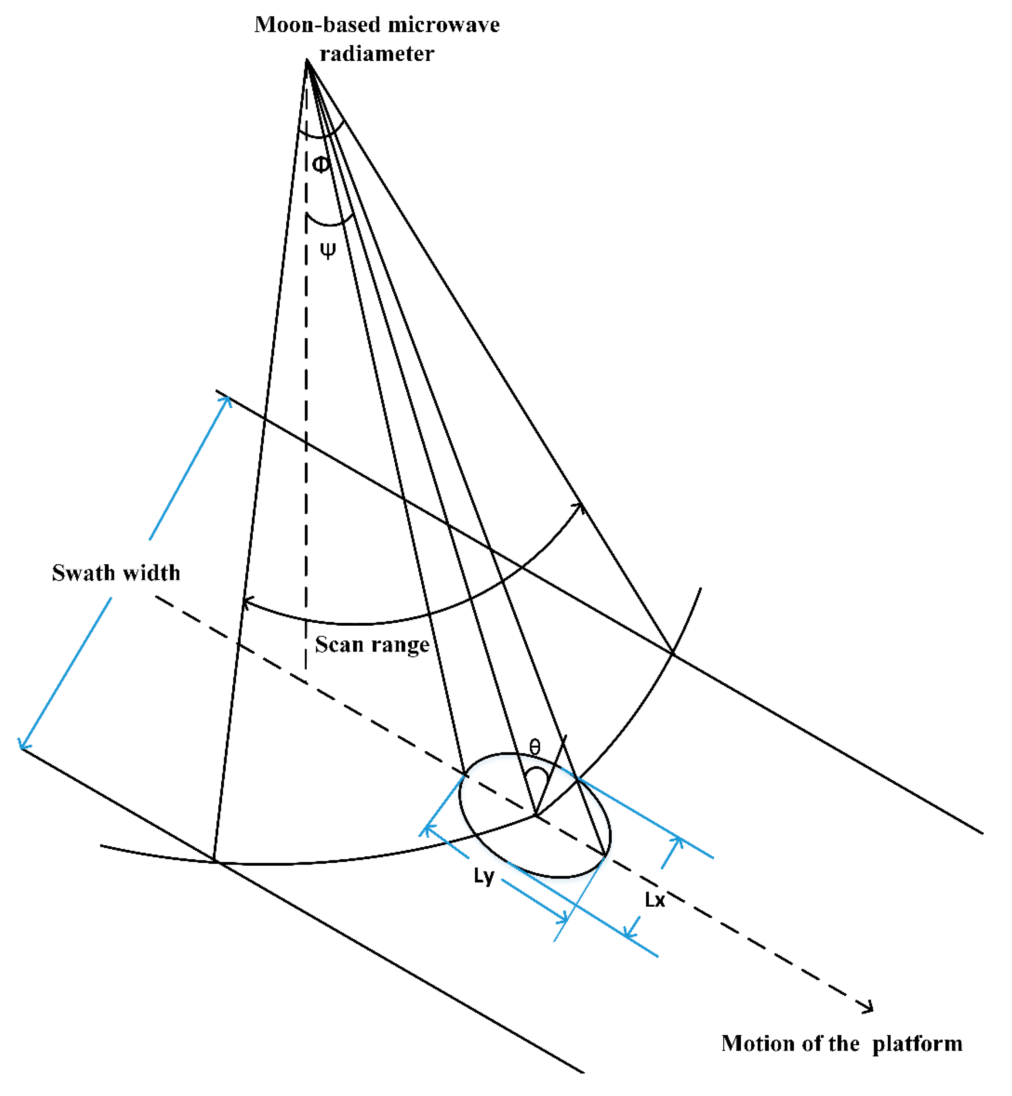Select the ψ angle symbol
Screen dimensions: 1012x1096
click(x=328, y=250)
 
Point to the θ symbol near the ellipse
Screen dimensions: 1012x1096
click(x=535, y=747)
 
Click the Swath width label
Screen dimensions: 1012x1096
click(x=116, y=573)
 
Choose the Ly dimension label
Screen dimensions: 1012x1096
click(x=484, y=876)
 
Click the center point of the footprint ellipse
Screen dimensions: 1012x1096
click(x=535, y=815)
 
